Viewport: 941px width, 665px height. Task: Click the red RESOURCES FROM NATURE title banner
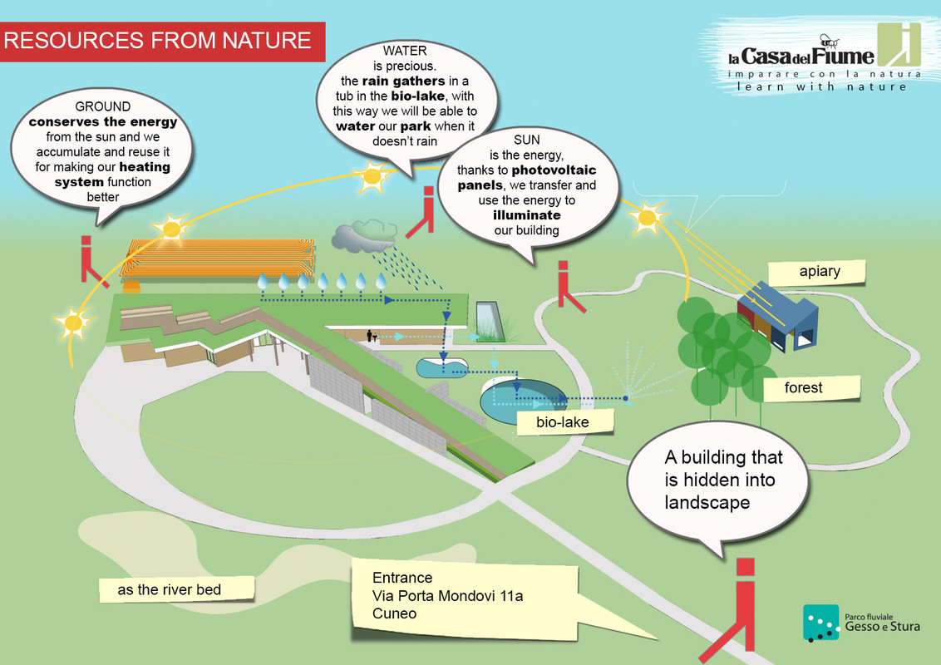[x=162, y=41]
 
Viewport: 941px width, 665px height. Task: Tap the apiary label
[x=820, y=271]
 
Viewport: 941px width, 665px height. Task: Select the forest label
[x=803, y=387]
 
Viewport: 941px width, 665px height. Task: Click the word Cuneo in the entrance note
[x=394, y=614]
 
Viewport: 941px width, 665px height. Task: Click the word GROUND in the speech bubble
[x=103, y=106]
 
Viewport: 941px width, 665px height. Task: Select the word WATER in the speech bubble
[x=405, y=51]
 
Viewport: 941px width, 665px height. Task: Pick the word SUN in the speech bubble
[x=527, y=140]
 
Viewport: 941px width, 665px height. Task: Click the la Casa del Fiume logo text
[x=801, y=57]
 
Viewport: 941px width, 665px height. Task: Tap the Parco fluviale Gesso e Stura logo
[x=861, y=623]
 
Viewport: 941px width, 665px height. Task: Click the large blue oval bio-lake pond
[x=523, y=398]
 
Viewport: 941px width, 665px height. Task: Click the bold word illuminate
[x=526, y=215]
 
